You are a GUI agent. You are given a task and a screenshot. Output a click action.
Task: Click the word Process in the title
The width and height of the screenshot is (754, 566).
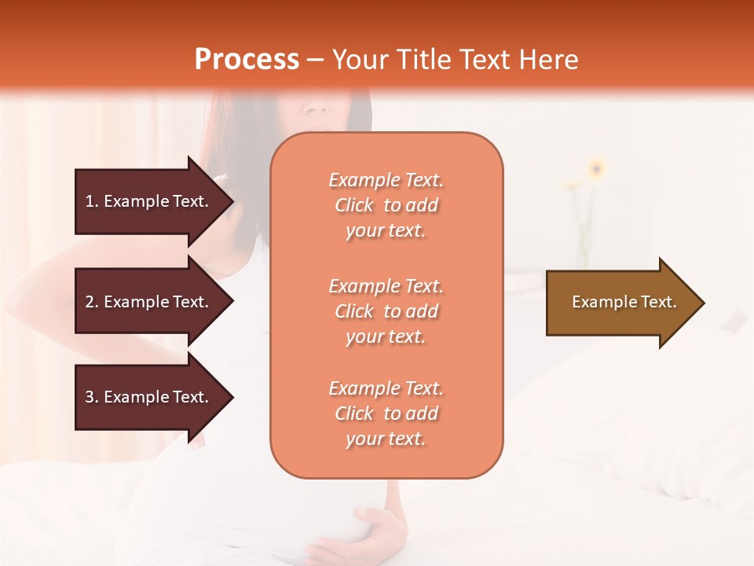pos(247,60)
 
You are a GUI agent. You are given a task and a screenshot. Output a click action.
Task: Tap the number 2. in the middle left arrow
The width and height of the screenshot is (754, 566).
pos(92,302)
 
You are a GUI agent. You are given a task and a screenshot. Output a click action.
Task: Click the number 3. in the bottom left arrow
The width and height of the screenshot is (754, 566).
pos(92,397)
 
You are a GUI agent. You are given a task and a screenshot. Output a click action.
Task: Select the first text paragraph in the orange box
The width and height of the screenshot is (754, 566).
pos(386,205)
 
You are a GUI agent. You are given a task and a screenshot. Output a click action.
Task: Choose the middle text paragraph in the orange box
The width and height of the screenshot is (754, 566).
pos(386,311)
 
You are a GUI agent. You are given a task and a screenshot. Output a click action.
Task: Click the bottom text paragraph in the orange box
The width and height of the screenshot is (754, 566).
pos(386,413)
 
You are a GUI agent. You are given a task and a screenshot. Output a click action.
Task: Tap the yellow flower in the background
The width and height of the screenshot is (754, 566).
pos(597,167)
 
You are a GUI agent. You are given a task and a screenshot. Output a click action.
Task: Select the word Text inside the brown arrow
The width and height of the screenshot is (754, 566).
pos(658,302)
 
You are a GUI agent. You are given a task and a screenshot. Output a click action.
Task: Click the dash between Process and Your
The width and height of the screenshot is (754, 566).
pos(315,60)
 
